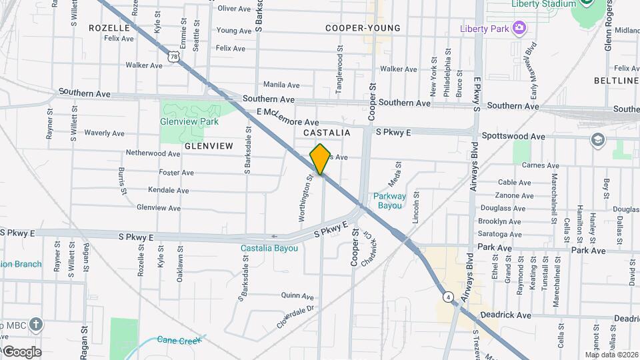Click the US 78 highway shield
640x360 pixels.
click(174, 57)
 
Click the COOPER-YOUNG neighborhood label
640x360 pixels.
click(363, 28)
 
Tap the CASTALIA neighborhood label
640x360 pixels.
click(327, 133)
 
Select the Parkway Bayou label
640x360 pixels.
click(387, 201)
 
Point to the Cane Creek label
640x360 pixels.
click(178, 340)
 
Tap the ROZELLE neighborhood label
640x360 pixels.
click(109, 28)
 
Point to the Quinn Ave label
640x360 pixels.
click(297, 295)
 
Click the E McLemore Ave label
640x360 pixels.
click(287, 117)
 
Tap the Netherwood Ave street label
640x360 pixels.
click(153, 153)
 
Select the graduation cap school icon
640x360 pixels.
click(597, 140)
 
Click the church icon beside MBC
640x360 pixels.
click(35, 325)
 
